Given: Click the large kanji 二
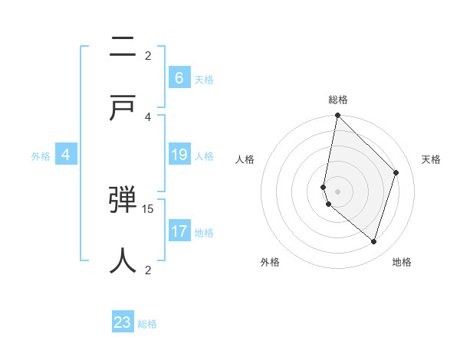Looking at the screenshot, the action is point(123,48).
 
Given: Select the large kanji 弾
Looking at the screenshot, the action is point(123,201).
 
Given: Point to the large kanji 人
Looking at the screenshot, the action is point(123,260).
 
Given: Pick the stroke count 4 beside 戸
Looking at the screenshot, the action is point(148,116).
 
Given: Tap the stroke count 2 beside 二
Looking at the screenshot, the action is point(148,55).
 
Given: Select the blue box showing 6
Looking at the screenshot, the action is point(179,77).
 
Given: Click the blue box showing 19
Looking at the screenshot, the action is point(179,155).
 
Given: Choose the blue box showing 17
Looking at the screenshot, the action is point(179,231).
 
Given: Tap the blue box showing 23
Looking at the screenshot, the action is point(123,322).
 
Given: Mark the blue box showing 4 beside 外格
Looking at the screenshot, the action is point(66,155).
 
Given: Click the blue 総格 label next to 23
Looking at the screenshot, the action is point(147,324).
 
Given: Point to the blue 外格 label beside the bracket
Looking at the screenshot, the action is point(41,156).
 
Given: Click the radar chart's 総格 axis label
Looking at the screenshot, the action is point(337,100).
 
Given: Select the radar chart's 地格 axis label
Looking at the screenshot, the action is point(402,263).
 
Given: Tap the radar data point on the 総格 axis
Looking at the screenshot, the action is point(337,115).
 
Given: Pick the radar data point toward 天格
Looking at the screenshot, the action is point(396,172).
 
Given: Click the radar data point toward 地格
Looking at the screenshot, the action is point(373,242).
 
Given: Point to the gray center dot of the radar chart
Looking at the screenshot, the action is point(337,191).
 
